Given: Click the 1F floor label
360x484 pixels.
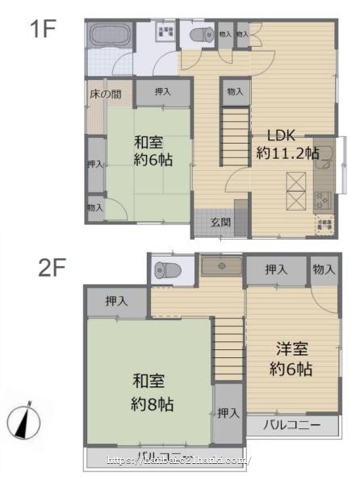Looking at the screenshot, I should click(43, 31).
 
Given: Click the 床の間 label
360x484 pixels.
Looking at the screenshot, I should click(105, 94).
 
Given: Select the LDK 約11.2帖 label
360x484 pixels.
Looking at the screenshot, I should click(287, 144).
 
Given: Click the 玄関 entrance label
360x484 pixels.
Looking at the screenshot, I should click(220, 222).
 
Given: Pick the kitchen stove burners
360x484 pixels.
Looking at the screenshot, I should click(322, 198).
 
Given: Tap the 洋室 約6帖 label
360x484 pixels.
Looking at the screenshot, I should click(291, 361).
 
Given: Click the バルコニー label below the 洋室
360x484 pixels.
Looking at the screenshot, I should click(291, 424).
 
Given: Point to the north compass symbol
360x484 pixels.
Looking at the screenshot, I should click(26, 420).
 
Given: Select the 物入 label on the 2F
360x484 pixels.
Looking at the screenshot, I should click(324, 269).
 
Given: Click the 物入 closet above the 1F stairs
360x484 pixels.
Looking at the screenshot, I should click(235, 93).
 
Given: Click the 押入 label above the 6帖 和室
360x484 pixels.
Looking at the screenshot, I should click(162, 92).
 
